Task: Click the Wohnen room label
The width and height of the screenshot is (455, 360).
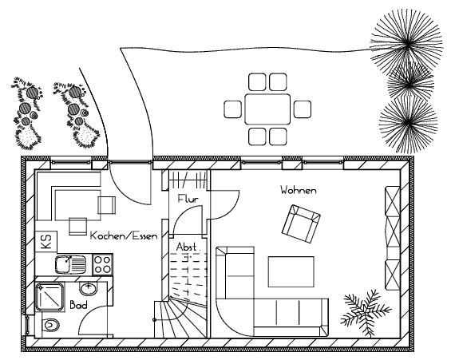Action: point(299,190)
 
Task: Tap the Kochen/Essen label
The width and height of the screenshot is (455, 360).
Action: point(124,235)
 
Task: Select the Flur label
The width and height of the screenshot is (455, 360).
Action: point(188,199)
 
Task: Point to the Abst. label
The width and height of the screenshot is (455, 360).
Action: point(188,247)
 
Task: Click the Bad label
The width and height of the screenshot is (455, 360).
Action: point(78,305)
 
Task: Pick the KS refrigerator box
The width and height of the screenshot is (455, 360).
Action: point(46,242)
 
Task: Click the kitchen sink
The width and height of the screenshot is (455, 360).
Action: point(70,264)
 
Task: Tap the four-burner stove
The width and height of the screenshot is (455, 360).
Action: point(102,264)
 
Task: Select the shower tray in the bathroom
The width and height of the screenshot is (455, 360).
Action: point(49,297)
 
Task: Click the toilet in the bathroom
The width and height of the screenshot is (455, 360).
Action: point(50,325)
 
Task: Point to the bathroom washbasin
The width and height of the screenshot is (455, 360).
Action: point(88,289)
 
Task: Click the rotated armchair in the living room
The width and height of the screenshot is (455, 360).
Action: point(301,224)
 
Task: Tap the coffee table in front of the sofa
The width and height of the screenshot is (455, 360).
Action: point(291,272)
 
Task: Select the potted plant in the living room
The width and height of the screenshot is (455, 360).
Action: point(366,312)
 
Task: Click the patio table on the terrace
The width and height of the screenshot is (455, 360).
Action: point(267,109)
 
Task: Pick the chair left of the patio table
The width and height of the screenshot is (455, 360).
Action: point(232,109)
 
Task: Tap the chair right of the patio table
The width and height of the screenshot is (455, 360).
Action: point(302,109)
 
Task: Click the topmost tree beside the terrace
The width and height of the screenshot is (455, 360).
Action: point(407,45)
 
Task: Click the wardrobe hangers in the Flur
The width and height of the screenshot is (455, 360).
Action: point(188,180)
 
